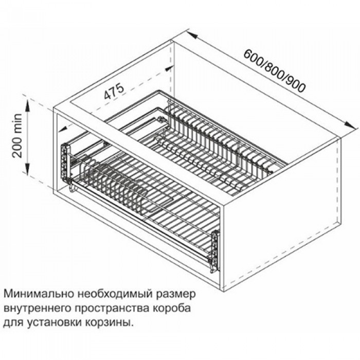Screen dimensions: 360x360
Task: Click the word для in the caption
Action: click(x=12, y=324)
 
